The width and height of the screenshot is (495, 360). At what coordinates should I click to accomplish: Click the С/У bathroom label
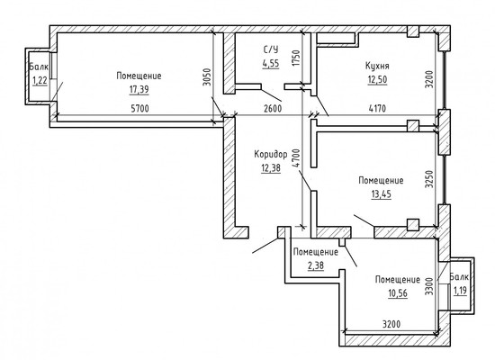coord(271,50)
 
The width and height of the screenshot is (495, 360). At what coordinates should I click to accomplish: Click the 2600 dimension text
coord(270,109)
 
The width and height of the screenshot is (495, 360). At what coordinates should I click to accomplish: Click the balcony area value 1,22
coord(39,81)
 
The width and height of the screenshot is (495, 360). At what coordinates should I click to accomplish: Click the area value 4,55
coord(271,65)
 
